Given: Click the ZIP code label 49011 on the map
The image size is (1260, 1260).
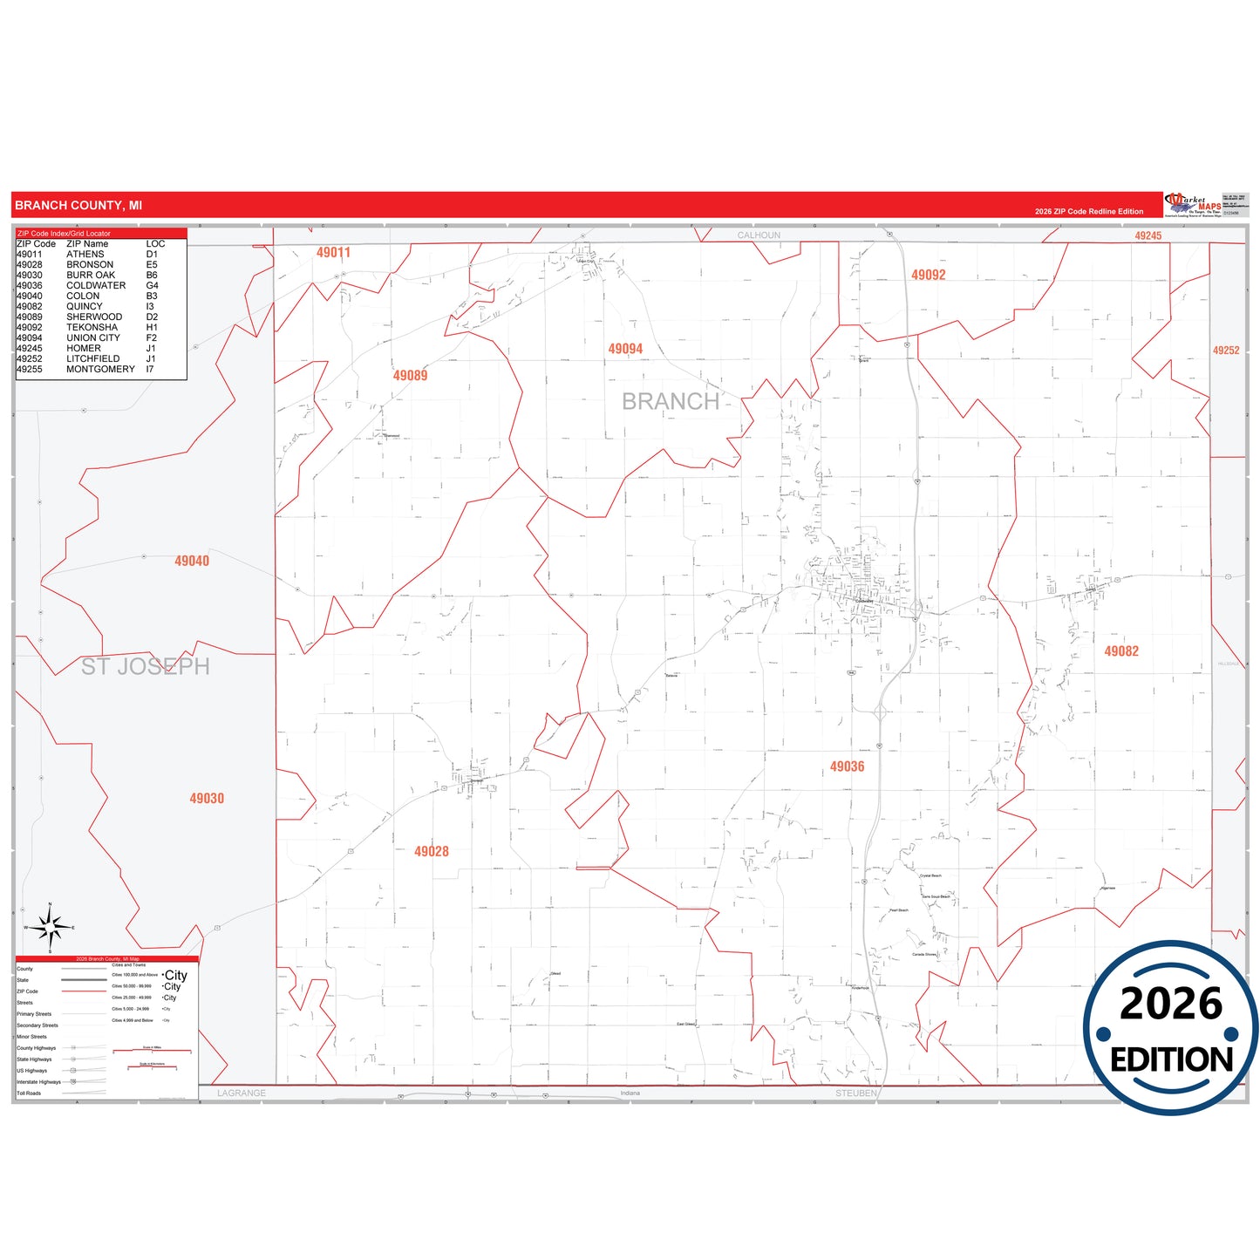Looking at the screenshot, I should pos(333,253).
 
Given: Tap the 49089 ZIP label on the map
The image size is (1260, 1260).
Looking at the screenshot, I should pos(410,376).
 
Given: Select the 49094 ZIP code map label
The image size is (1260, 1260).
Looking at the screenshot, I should pos(625,349).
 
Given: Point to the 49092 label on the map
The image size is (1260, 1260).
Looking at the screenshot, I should pos(928,275).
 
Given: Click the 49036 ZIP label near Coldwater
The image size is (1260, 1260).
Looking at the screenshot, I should pos(847,766).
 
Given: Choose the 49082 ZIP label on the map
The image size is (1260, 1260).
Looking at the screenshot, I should pos(1120,651).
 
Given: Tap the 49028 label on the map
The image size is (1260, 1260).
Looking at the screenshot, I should pos(431,851).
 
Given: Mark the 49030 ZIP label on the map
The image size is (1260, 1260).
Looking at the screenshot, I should pos(207,798).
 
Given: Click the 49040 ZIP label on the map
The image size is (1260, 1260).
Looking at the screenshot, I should pos(192,561).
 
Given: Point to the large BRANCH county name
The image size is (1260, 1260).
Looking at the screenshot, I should pos(670,401).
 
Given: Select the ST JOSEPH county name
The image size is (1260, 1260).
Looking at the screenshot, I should pos(146,666).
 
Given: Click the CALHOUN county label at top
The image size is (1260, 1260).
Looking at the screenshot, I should pos(759,235).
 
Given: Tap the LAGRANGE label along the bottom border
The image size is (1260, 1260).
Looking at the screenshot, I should pos(242,1093).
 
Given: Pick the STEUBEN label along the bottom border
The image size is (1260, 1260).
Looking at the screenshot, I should pos(855,1093).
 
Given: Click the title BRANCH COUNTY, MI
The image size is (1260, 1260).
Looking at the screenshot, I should pos(78,206).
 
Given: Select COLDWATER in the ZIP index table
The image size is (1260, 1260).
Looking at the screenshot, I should pos(96,286).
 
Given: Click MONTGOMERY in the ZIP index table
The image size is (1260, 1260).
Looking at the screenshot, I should pos(100,370).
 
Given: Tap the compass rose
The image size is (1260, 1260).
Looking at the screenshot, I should pos(50,928).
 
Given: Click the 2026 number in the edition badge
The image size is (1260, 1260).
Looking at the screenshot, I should pos(1170,1005).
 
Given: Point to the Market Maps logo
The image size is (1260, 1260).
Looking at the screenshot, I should pos(1194,205).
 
